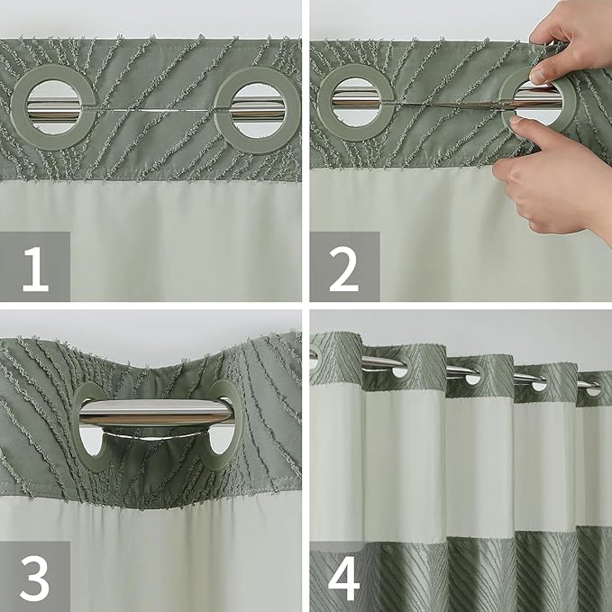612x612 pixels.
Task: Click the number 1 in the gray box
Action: click(x=34, y=269)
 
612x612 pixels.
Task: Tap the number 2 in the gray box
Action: click(x=343, y=269)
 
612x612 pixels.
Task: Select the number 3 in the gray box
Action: click(x=34, y=578)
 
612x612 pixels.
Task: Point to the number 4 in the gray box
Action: click(x=343, y=578)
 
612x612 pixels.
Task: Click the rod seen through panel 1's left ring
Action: click(x=53, y=108)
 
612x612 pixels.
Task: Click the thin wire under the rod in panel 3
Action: click(x=153, y=437)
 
